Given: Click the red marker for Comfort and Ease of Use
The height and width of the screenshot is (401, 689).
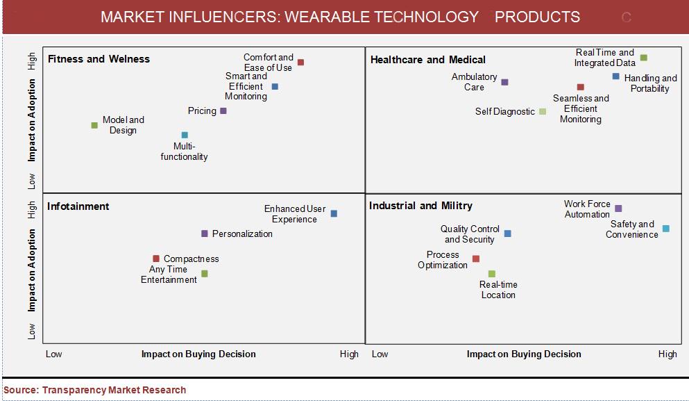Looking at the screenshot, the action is click(300, 62).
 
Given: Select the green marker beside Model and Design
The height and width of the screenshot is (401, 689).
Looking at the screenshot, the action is click(94, 125).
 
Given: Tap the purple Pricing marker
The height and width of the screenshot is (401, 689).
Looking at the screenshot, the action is click(223, 111).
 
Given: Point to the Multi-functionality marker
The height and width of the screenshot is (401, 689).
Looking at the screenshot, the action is click(185, 135).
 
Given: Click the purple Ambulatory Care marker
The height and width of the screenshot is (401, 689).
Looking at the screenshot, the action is click(504, 82).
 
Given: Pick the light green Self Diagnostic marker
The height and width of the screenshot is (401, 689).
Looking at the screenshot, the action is click(543, 111).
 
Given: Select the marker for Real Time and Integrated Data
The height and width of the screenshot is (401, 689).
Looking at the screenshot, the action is click(643, 57).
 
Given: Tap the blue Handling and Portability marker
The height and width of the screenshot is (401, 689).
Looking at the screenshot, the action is click(615, 76).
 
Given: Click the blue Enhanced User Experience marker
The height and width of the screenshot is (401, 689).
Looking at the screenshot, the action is click(334, 213).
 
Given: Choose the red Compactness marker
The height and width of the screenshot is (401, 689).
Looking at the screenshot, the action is click(156, 259).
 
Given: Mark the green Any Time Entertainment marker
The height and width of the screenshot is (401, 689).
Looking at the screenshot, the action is click(204, 273).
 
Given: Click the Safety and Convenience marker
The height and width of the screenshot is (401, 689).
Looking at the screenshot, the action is click(665, 229).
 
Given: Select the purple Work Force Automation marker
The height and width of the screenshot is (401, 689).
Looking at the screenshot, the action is click(618, 208).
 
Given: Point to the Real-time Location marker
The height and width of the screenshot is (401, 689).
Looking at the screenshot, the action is click(492, 274).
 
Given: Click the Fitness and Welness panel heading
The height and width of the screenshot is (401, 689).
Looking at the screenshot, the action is click(99, 59).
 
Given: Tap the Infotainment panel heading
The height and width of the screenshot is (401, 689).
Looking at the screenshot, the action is click(78, 206).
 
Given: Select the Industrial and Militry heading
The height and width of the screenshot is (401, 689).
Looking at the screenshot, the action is click(420, 206).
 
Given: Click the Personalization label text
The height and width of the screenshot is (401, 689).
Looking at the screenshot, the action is click(242, 234).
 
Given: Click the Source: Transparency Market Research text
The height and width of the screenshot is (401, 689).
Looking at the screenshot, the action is click(94, 390).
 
